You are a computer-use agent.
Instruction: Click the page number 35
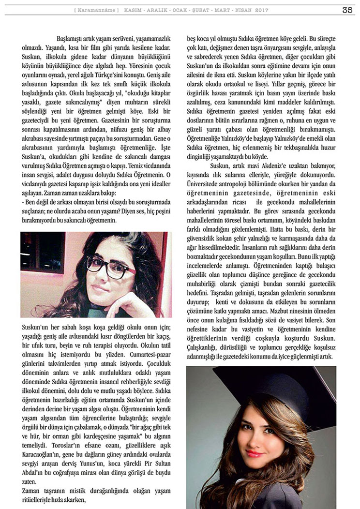(x=347, y=10)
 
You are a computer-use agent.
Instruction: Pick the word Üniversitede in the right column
(x=207, y=184)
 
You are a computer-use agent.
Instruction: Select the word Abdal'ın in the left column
(x=32, y=469)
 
